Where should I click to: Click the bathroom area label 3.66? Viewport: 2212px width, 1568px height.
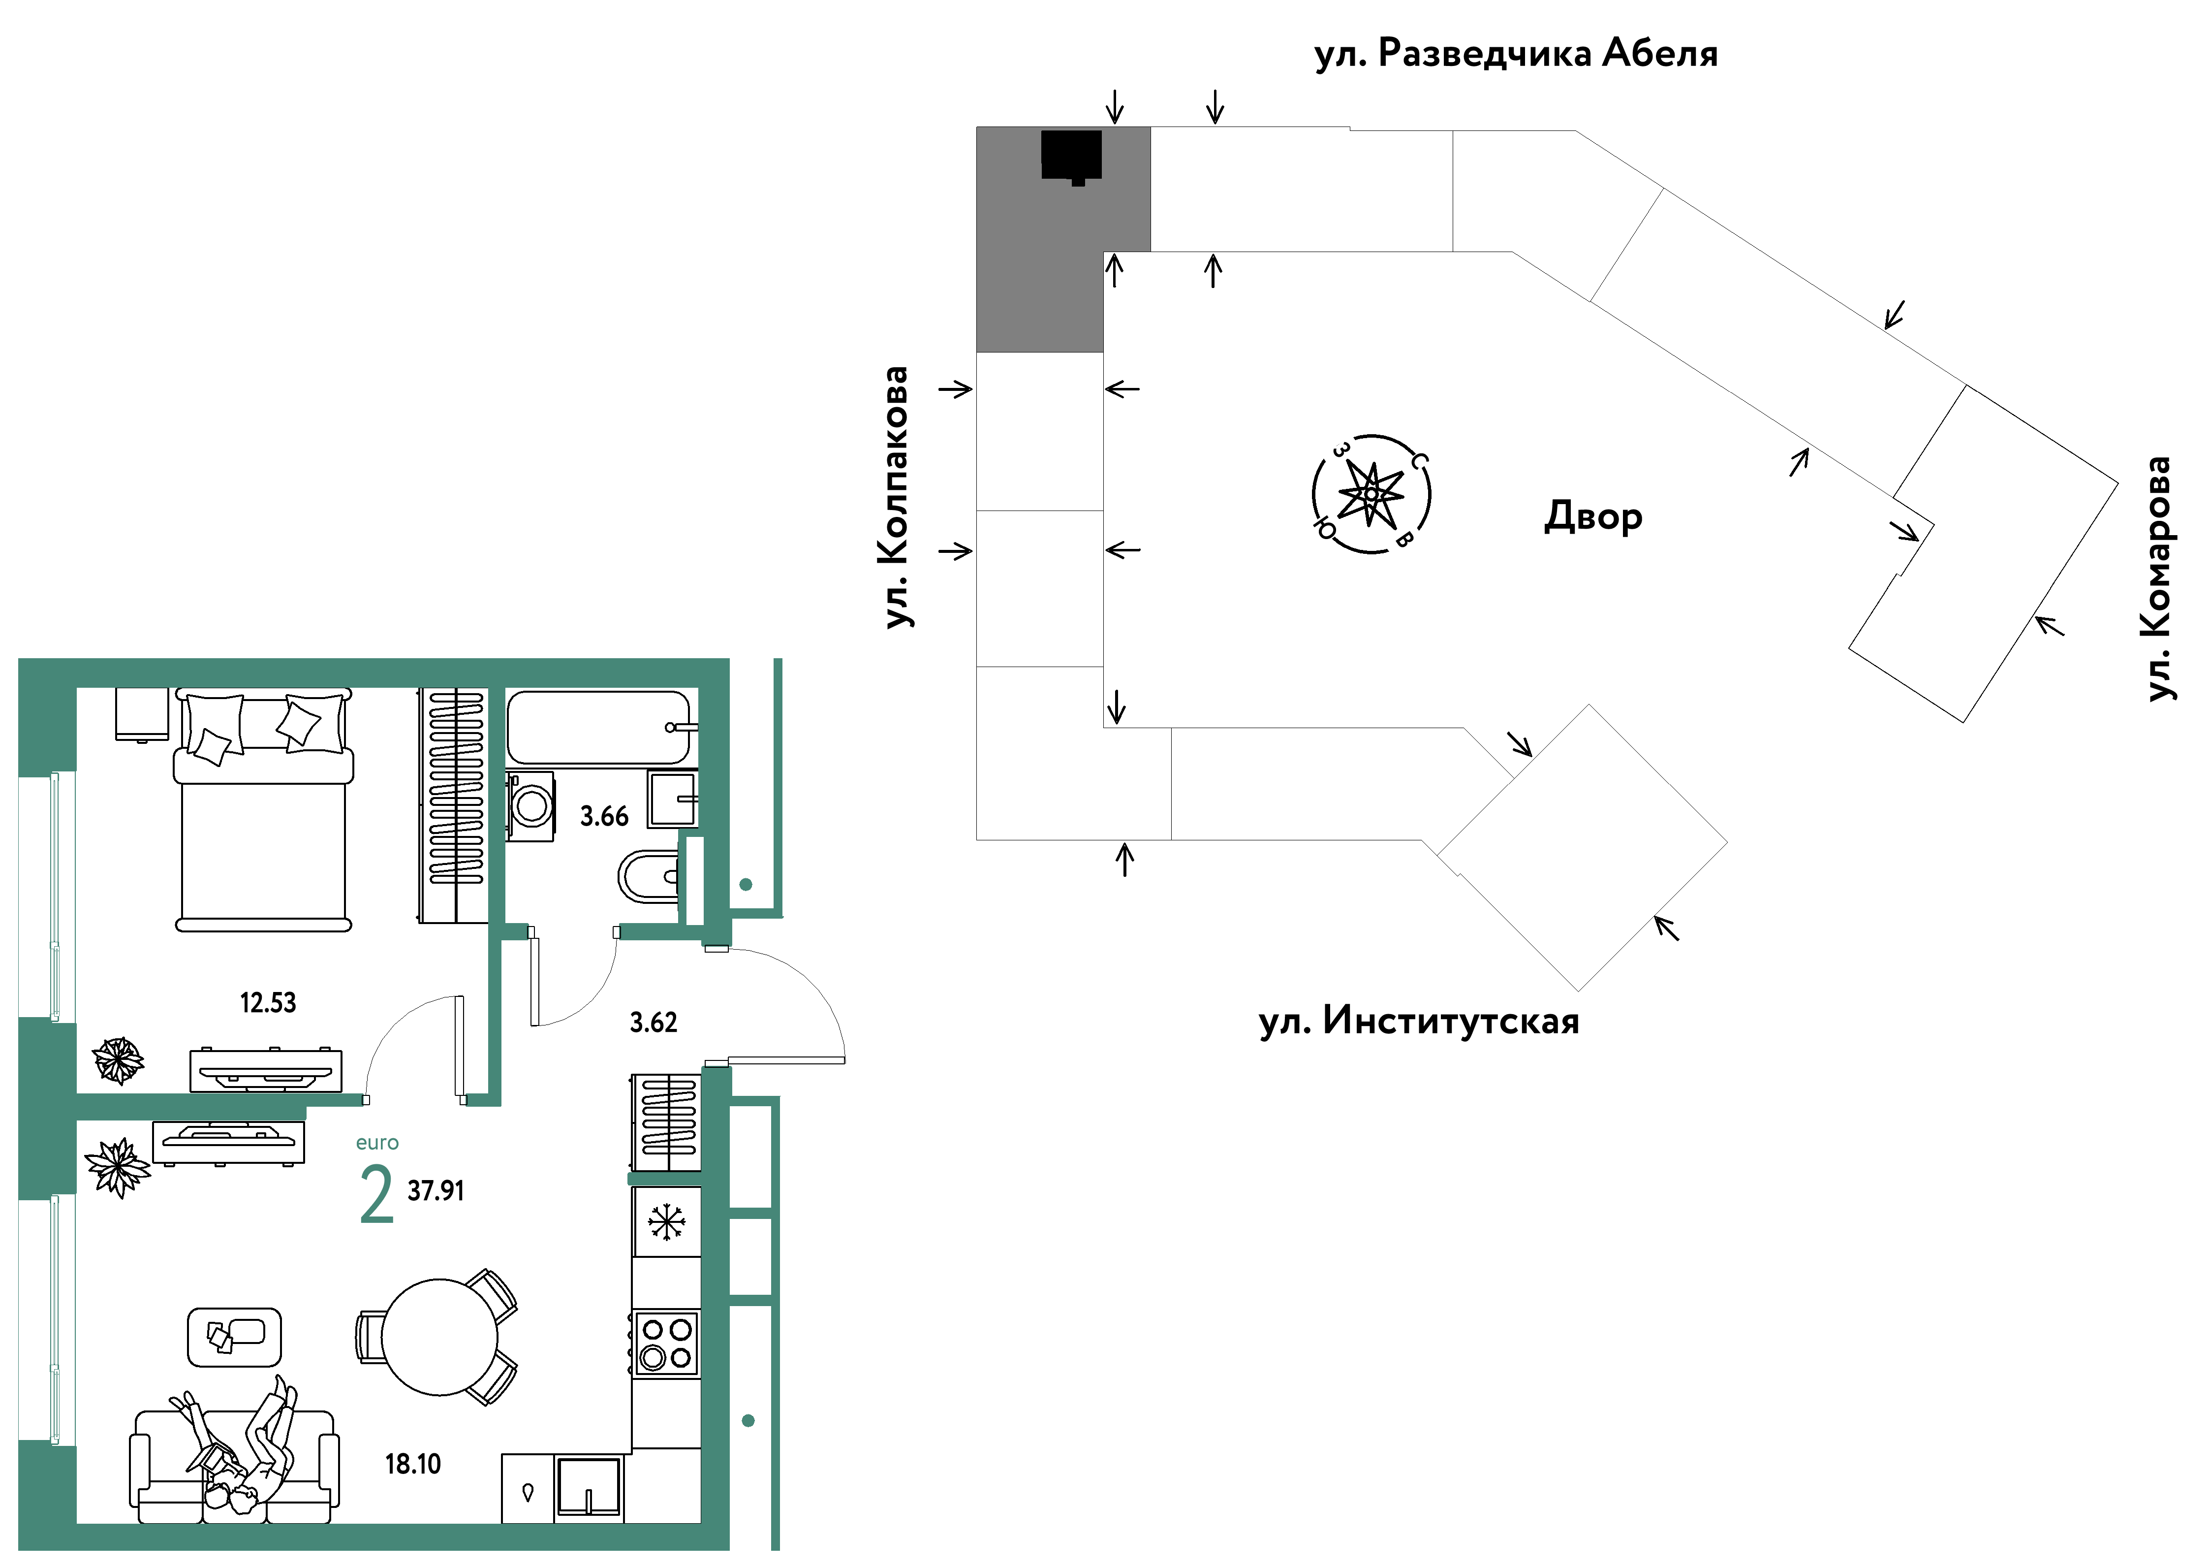(604, 817)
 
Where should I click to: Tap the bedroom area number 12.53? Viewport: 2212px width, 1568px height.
(268, 1003)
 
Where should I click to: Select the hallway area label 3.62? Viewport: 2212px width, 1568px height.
(654, 1023)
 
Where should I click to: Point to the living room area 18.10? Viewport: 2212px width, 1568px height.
(413, 1465)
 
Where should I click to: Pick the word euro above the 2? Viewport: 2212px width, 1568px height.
(377, 1143)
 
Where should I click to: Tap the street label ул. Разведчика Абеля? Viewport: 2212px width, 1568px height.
(1516, 54)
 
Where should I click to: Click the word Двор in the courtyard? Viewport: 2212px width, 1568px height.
(1593, 516)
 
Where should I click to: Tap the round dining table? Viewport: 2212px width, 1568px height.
(440, 1337)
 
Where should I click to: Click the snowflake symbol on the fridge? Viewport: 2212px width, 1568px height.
(666, 1222)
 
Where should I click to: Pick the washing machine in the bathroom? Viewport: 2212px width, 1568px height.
(531, 805)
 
